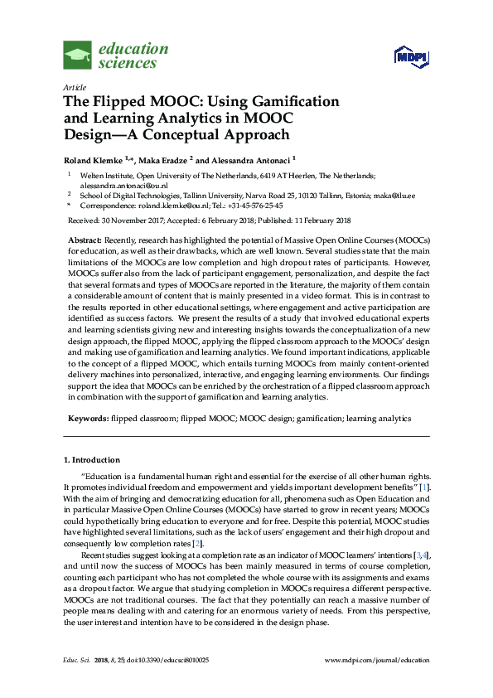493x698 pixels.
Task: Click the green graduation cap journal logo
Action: (78, 56)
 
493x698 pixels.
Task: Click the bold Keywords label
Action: (86, 419)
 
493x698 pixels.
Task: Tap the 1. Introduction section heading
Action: (91, 459)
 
